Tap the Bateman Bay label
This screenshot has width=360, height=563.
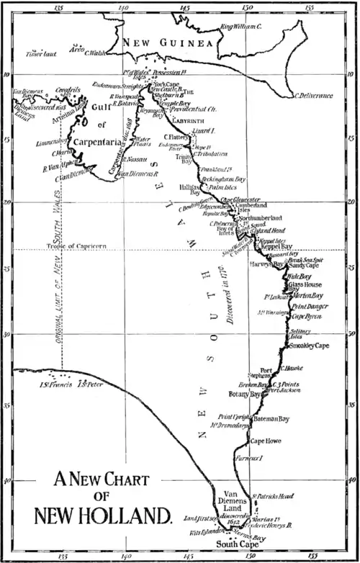[269, 418]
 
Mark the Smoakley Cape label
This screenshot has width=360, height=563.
[307, 346]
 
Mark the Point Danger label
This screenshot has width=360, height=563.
[308, 307]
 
